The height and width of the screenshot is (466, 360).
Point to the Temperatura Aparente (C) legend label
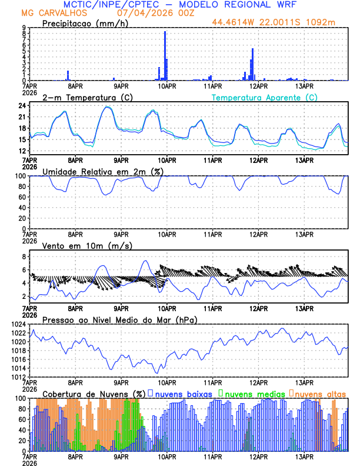click(264, 97)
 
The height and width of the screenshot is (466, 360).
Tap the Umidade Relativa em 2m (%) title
click(102, 171)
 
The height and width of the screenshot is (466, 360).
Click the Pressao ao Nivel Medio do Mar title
click(120, 319)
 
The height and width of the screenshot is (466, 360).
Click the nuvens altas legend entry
click(318, 393)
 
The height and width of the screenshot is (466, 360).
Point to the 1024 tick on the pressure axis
click(19, 324)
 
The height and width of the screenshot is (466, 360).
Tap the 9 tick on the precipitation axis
click(24, 28)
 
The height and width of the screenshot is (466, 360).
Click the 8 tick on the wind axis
click(24, 257)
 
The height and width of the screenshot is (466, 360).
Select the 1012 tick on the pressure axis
click(19, 377)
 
